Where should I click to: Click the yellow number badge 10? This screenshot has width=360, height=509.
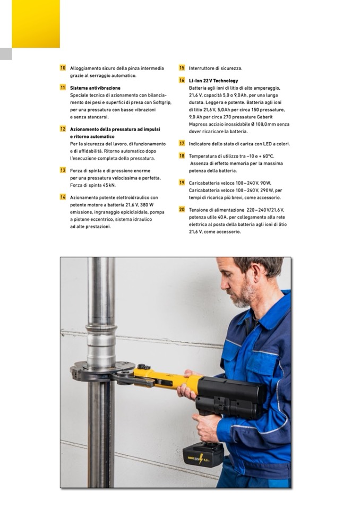pyautogui.click(x=63, y=68)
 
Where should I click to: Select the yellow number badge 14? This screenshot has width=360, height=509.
pyautogui.click(x=63, y=197)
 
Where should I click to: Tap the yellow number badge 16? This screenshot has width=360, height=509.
pyautogui.click(x=182, y=80)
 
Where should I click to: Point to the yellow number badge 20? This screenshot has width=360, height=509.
pyautogui.click(x=182, y=209)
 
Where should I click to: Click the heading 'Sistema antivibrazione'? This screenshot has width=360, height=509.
pyautogui.click(x=95, y=88)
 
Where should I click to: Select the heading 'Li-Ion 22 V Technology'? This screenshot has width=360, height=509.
pyautogui.click(x=213, y=81)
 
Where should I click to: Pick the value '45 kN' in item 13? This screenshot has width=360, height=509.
pyautogui.click(x=109, y=185)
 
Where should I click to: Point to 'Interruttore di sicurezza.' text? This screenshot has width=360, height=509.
pyautogui.click(x=216, y=68)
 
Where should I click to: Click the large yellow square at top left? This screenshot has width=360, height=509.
pyautogui.click(x=36, y=24)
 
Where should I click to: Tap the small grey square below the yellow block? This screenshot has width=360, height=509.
pyautogui.click(x=6, y=54)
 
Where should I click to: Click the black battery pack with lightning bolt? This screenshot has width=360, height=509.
pyautogui.click(x=203, y=455)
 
